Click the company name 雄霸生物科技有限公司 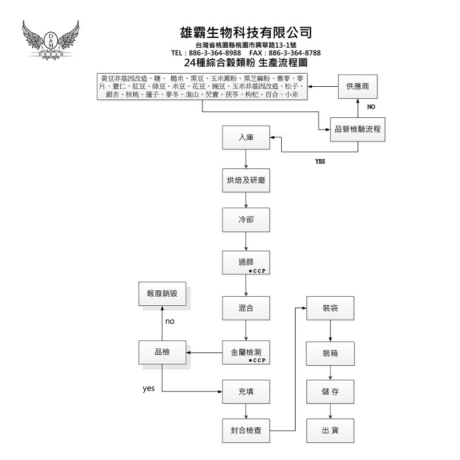(246, 32)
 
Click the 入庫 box (246, 138)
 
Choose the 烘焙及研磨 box (246, 181)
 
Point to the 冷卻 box (246, 219)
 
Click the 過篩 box (246, 262)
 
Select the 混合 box (246, 308)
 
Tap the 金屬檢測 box (246, 351)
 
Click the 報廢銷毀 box (162, 293)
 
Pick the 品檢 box (162, 351)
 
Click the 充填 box (246, 392)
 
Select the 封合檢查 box (246, 430)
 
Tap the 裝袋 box (330, 308)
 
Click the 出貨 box (330, 430)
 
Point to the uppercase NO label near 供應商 (371, 107)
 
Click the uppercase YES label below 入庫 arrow (320, 162)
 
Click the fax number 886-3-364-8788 (298, 53)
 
